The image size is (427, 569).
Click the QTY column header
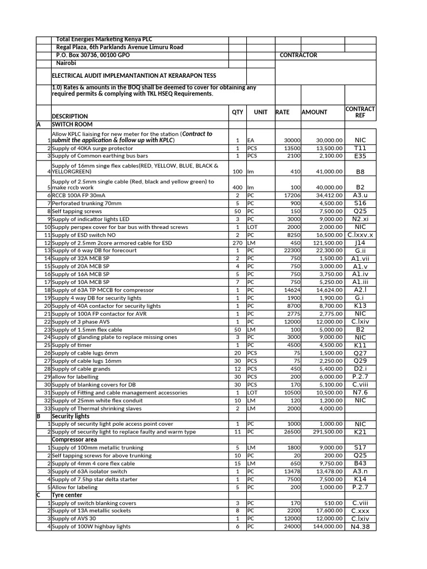(x=237, y=112)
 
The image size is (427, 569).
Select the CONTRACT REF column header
(x=360, y=112)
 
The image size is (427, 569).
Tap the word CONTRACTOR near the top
(x=298, y=56)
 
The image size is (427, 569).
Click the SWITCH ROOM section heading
(x=72, y=124)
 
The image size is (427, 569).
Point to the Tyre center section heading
(x=67, y=495)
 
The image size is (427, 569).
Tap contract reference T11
(x=360, y=148)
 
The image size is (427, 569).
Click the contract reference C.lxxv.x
(x=360, y=235)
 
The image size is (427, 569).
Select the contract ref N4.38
(x=360, y=527)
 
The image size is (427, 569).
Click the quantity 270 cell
(x=237, y=243)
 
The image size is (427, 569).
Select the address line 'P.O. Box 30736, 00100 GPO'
(x=93, y=56)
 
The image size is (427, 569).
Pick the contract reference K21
(x=360, y=432)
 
